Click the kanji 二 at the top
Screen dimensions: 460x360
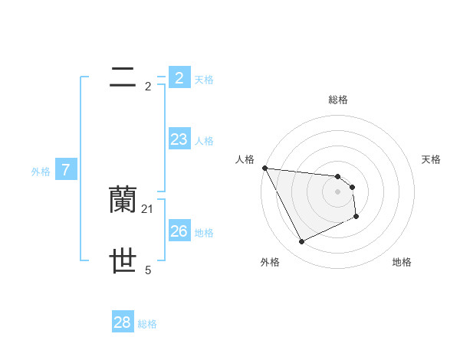click(123, 77)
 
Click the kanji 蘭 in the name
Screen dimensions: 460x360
click(123, 200)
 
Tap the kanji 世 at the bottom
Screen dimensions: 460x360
click(123, 261)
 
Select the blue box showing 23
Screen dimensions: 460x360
click(179, 139)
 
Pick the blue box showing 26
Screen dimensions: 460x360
click(179, 231)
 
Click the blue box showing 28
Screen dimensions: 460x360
click(122, 322)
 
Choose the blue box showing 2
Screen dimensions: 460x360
click(179, 77)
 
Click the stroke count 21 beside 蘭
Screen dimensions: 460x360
click(148, 208)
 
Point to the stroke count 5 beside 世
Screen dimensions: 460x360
click(148, 270)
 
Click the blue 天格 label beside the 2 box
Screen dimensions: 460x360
click(204, 79)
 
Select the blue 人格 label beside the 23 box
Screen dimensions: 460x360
click(204, 141)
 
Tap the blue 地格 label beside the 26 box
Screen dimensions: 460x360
click(204, 233)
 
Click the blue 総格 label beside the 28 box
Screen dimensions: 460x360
click(147, 324)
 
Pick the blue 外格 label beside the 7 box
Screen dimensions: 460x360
click(41, 172)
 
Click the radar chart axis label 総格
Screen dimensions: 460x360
click(337, 100)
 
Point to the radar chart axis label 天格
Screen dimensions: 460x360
click(431, 159)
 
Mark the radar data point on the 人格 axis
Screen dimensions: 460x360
click(264, 168)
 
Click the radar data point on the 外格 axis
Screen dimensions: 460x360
click(301, 242)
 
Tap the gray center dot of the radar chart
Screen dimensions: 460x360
click(337, 191)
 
